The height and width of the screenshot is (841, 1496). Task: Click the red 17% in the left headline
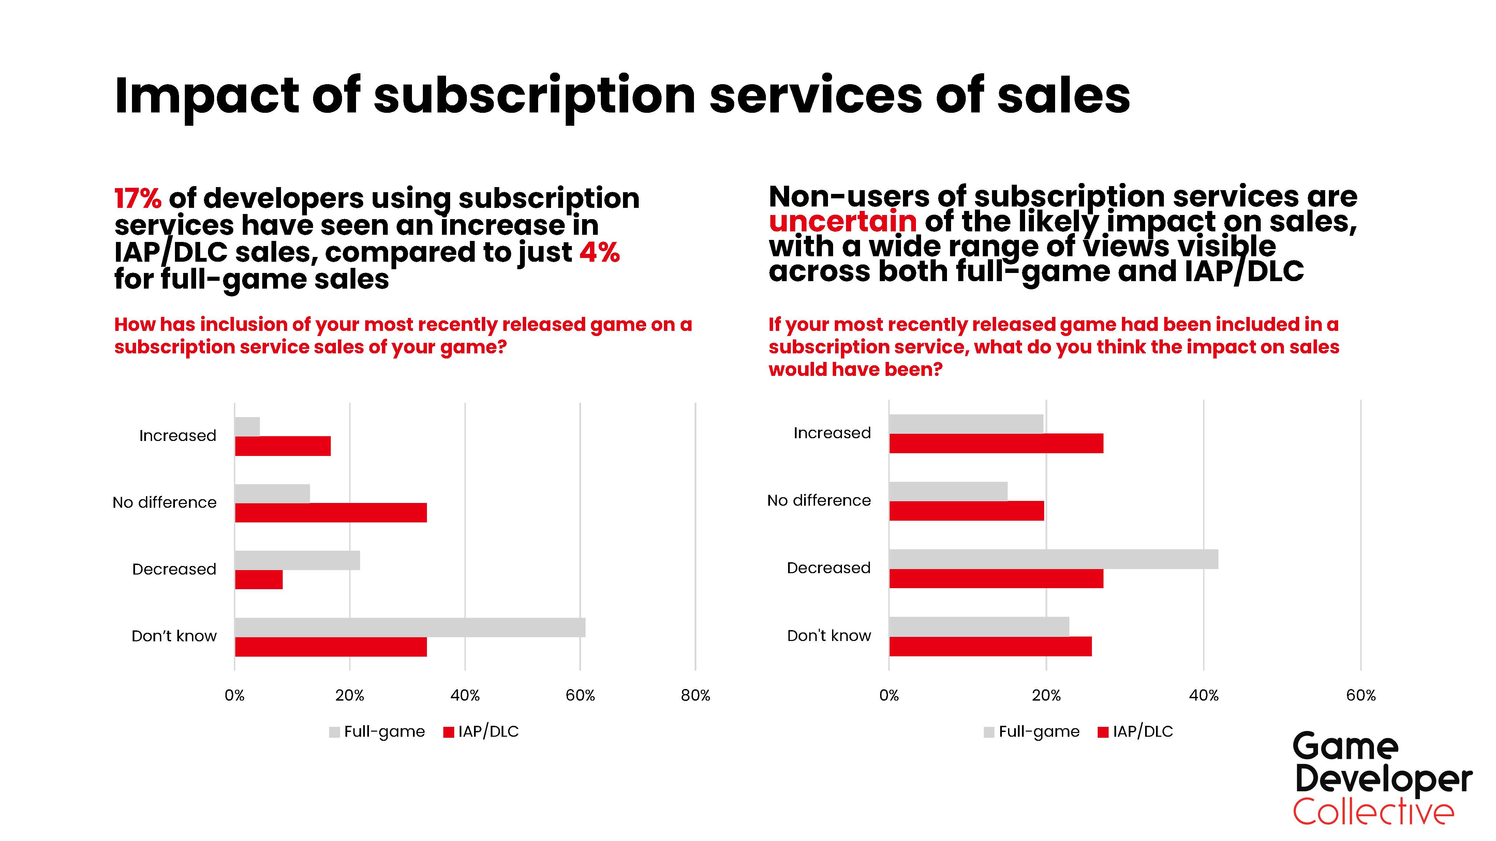[138, 199]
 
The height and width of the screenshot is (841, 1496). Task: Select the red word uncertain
[842, 222]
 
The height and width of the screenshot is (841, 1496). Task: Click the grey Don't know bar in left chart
[410, 627]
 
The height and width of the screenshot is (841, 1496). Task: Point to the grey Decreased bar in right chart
[1053, 559]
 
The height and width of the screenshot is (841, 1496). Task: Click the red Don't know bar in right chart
[990, 646]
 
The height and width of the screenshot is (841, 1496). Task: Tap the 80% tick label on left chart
[695, 695]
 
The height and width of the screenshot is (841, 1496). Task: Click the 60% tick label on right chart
[1361, 695]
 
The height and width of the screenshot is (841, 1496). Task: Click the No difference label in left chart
[164, 503]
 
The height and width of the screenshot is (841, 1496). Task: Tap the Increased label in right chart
[832, 433]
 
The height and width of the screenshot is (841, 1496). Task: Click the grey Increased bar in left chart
[247, 427]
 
